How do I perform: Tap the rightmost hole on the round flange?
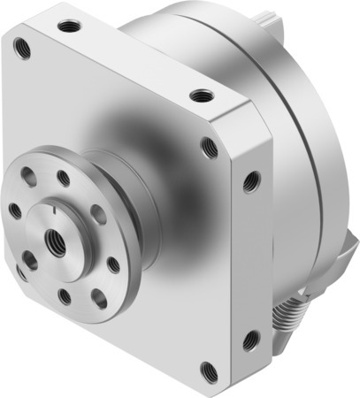click(113, 264)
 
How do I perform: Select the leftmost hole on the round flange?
click(15, 210)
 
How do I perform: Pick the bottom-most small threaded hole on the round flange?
click(65, 296)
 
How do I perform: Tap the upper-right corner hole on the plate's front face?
click(209, 146)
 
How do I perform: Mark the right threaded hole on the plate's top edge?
click(203, 93)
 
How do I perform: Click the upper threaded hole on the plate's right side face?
click(253, 182)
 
